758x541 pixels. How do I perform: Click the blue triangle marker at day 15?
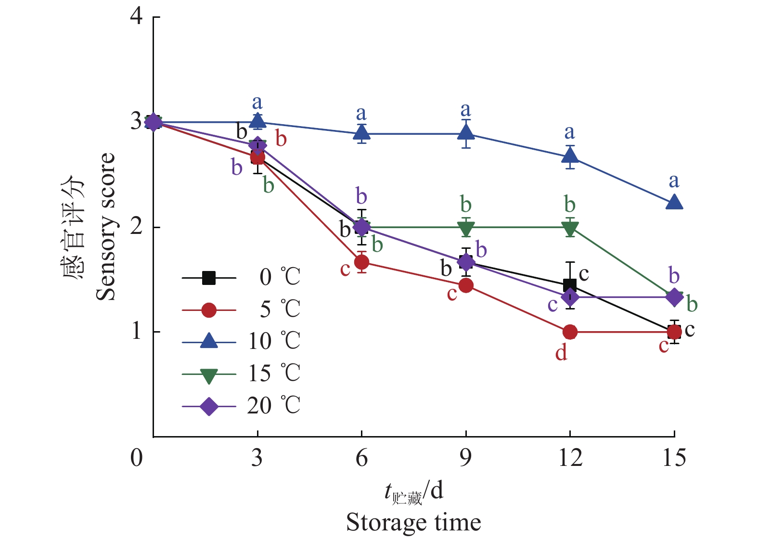coord(674,202)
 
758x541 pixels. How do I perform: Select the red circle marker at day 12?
coord(570,332)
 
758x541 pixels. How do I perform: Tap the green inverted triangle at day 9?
coord(466,229)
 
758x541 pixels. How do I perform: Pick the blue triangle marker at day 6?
coord(361,132)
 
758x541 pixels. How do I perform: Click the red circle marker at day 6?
coord(361,262)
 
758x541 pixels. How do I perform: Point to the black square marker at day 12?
coord(570,285)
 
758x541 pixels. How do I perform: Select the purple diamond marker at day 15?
coord(674,297)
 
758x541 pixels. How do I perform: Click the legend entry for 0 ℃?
coord(241,278)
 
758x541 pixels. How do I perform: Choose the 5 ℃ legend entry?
coord(241,309)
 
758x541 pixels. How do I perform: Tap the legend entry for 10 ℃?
coord(241,342)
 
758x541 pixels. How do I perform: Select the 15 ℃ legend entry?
coord(241,374)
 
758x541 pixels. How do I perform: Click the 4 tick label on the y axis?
coord(137,16)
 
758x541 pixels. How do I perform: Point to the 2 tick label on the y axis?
coord(137,227)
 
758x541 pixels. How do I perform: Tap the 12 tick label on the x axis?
coord(570,457)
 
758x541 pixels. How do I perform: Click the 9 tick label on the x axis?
coord(465,457)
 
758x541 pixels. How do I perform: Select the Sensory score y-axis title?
coord(105,227)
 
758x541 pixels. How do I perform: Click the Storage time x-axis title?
coord(413,523)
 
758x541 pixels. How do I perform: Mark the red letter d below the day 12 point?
coord(561,354)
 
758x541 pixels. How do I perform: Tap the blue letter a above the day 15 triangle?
coord(674,181)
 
